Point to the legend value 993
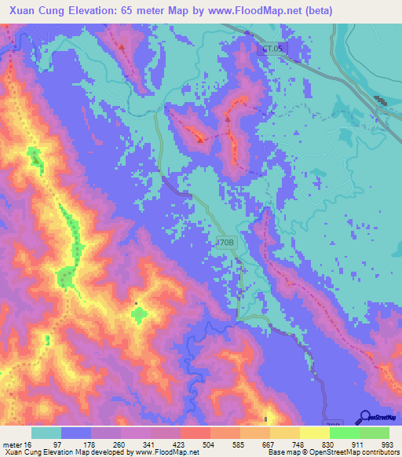(x=387, y=444)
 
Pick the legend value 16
(x=34, y=444)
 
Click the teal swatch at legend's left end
(x=46, y=433)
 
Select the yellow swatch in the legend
(x=315, y=433)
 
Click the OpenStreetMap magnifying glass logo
(x=364, y=417)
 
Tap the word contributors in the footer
(x=378, y=452)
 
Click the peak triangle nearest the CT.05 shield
(x=228, y=120)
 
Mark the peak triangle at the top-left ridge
(x=122, y=46)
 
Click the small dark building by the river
(x=380, y=101)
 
